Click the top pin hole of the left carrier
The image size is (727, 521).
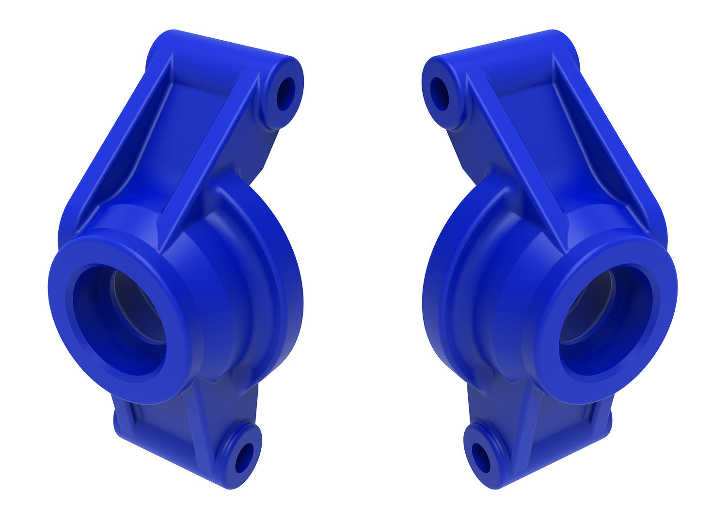[285, 94]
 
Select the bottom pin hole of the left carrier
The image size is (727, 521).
[244, 458]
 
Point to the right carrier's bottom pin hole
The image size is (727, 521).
[481, 458]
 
